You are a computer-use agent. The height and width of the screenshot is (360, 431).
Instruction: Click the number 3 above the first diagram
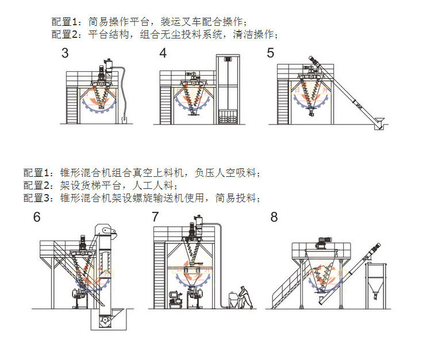[65, 53]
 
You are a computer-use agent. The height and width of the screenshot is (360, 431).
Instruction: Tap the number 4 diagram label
[163, 53]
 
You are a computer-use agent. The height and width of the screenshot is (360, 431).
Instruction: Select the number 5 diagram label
[270, 53]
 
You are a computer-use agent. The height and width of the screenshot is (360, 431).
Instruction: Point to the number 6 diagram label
[37, 217]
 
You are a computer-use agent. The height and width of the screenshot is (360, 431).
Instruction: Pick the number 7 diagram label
[155, 216]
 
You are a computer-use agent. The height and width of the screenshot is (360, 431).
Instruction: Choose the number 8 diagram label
[274, 216]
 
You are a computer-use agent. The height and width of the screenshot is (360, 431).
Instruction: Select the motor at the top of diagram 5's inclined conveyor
[315, 60]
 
